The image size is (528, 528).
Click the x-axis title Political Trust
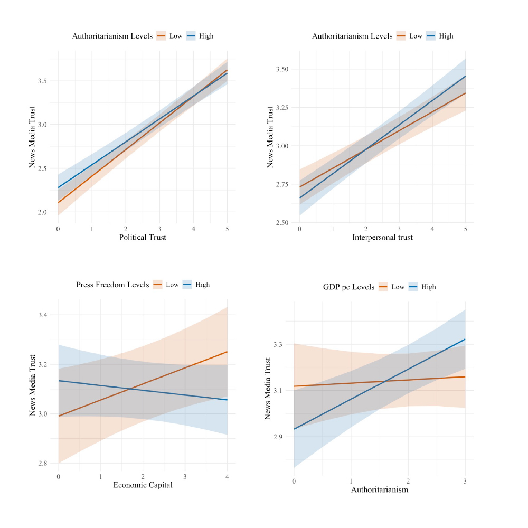(143, 238)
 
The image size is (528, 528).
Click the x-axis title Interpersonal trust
(383, 238)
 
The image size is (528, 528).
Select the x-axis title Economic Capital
(143, 486)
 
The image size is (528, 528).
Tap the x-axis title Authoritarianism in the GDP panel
(380, 490)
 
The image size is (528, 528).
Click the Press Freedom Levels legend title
(112, 285)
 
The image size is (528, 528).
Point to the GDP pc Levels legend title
(348, 287)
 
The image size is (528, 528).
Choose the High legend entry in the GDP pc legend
(429, 287)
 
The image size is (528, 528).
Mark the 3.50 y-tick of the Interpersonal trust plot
(282, 69)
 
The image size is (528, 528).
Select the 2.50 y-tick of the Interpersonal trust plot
(282, 223)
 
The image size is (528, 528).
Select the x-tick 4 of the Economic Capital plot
(227, 477)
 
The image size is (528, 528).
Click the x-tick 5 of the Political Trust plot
(227, 229)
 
